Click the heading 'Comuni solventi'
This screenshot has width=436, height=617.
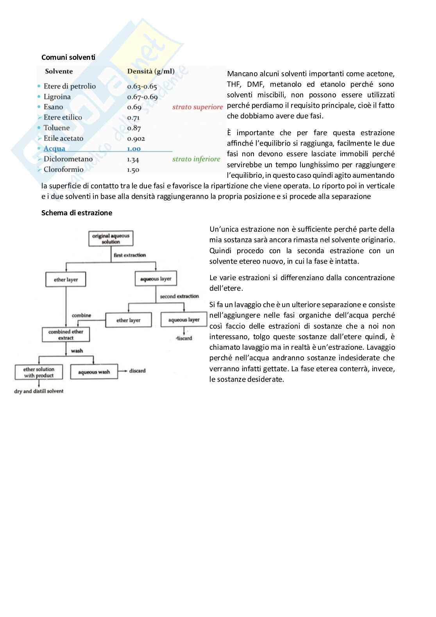pos(68,57)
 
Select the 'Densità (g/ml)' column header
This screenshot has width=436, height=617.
pos(151,71)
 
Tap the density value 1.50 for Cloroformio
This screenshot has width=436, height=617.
pos(133,170)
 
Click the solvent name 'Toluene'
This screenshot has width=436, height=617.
pos(57,128)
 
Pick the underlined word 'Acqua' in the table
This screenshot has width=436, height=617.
pos(54,148)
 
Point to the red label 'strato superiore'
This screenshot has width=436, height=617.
pos(197,107)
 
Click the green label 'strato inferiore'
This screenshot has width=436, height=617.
pos(196,159)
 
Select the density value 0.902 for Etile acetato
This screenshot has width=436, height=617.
pos(136,138)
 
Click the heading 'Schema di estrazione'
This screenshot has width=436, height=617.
pos(77,213)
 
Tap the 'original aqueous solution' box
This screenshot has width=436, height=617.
pos(111,238)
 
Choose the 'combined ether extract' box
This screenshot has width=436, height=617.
pos(66,334)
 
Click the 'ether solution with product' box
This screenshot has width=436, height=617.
pos(39,372)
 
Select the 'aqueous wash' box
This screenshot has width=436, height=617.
pos(94,372)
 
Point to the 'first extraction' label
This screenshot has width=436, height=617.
pos(130,255)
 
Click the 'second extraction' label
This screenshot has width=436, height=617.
pos(179,296)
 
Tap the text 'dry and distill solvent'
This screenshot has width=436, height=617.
pos(39,391)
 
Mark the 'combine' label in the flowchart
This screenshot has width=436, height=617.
pos(81,315)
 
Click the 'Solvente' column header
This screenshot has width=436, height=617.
pos(59,71)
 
